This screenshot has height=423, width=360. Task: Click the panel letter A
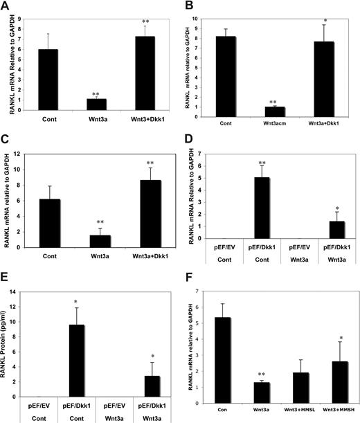6,6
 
